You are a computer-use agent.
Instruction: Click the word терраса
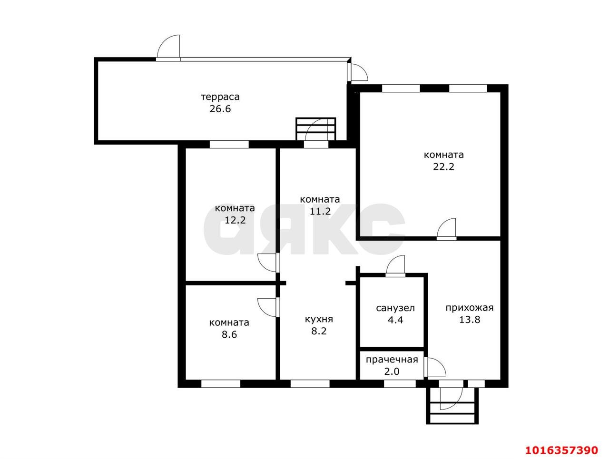click(x=220, y=97)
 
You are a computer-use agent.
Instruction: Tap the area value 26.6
click(x=220, y=109)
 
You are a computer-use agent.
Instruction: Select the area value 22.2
click(x=443, y=166)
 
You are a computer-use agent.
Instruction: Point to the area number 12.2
click(x=235, y=220)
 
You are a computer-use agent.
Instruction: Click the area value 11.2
click(x=320, y=211)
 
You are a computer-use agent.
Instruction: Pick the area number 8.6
click(x=229, y=334)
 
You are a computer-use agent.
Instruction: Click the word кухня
click(x=319, y=319)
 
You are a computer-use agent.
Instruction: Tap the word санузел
click(x=395, y=308)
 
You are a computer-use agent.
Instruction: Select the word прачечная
click(x=392, y=360)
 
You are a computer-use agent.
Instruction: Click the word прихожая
click(x=470, y=308)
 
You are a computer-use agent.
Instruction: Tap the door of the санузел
click(x=395, y=266)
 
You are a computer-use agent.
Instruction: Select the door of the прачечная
click(x=435, y=367)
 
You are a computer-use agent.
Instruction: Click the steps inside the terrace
click(x=316, y=129)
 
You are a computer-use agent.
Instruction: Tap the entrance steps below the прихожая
click(x=452, y=406)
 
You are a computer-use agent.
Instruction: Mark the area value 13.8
click(x=470, y=320)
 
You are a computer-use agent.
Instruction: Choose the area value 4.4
click(x=395, y=320)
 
